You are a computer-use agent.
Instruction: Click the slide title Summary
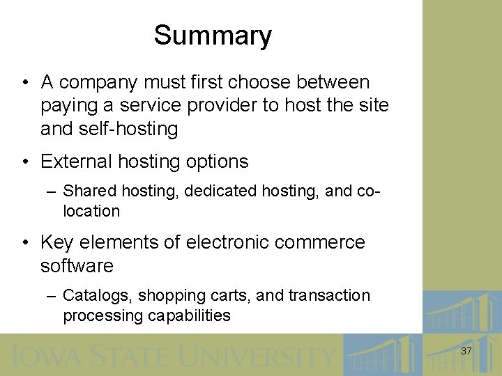pos(213,36)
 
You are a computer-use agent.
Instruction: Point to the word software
pos(77,266)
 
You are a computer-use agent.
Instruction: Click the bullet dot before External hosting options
pos(24,162)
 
